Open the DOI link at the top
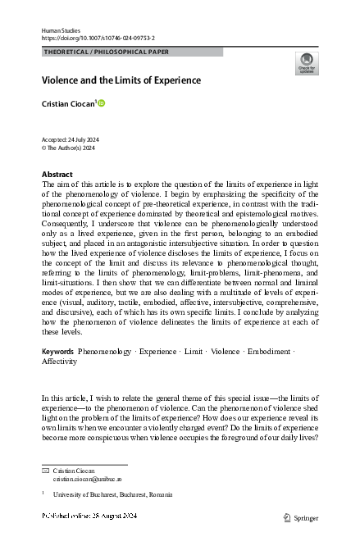tap(98, 38)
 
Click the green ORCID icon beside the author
tap(103, 103)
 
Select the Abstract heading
tap(57, 175)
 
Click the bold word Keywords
tap(58, 374)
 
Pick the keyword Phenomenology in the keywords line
tap(104, 374)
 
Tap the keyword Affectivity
tap(59, 383)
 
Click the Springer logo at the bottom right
tap(301, 518)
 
